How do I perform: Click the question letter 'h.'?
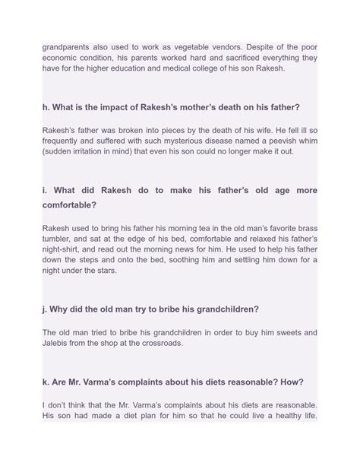46,107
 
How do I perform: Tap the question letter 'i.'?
45,189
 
